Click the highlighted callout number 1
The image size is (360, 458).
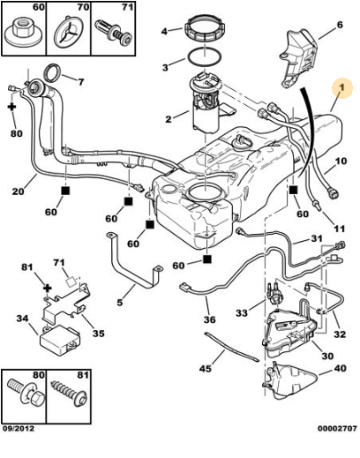[341, 87]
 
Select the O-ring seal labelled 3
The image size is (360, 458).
[205, 56]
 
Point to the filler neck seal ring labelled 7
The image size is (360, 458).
[54, 72]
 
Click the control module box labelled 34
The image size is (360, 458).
[60, 342]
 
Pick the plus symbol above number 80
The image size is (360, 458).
[12, 107]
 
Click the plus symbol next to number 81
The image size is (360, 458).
[48, 288]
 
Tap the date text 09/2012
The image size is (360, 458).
[19, 429]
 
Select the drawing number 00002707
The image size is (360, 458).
[337, 429]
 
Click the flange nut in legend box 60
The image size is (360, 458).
[24, 33]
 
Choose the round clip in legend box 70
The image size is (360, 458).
[69, 33]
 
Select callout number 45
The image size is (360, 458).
[206, 368]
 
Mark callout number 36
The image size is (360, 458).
[209, 319]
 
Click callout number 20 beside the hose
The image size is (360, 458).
[18, 191]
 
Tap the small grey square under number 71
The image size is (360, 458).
[71, 282]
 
